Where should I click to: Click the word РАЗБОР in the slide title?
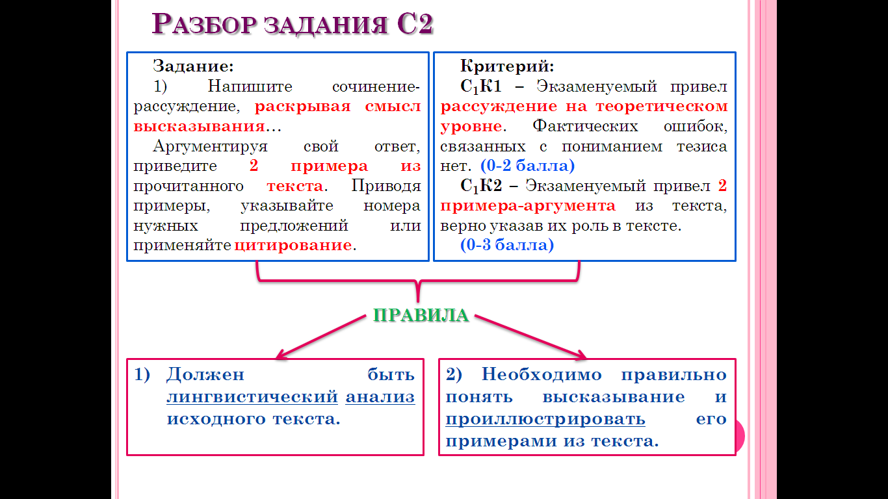pyautogui.click(x=204, y=24)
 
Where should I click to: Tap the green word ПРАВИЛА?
pyautogui.click(x=421, y=315)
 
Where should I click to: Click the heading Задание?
pyautogui.click(x=193, y=66)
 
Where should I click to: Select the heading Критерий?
pyautogui.click(x=507, y=66)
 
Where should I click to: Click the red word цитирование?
pyautogui.click(x=293, y=246)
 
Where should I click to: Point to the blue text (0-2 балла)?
pyautogui.click(x=527, y=166)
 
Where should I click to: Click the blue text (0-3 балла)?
pyautogui.click(x=507, y=245)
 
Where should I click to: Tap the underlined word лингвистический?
pyautogui.click(x=252, y=397)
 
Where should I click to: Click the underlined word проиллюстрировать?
pyautogui.click(x=545, y=419)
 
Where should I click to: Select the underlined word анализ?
pyautogui.click(x=380, y=397)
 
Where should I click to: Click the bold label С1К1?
pyautogui.click(x=481, y=87)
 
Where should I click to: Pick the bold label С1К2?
pyautogui.click(x=481, y=186)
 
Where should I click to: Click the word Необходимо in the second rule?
pyautogui.click(x=542, y=374)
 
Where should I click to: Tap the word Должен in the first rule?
pyautogui.click(x=205, y=374)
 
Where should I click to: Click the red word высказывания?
pyautogui.click(x=199, y=127)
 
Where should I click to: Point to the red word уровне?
pyautogui.click(x=471, y=127)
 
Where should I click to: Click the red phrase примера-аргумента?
pyautogui.click(x=528, y=206)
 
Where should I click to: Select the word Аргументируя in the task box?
pyautogui.click(x=210, y=146)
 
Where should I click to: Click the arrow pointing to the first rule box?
pyautogui.click(x=320, y=337)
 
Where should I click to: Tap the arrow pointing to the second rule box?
pyautogui.click(x=530, y=337)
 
